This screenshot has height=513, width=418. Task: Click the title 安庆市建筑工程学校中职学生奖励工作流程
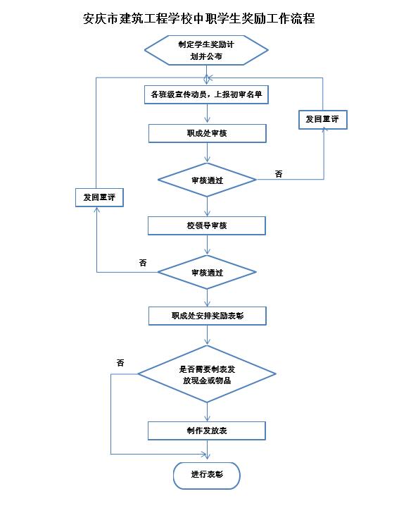click(198, 18)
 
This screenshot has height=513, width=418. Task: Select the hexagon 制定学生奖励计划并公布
click(206, 50)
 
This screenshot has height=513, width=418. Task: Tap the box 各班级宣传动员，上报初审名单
click(206, 94)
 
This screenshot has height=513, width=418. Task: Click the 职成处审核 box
click(207, 133)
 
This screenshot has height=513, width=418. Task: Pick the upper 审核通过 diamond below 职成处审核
click(207, 180)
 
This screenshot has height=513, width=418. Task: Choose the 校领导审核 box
click(207, 225)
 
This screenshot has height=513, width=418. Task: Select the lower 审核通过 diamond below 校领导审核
click(207, 272)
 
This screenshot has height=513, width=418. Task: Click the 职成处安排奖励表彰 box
click(207, 316)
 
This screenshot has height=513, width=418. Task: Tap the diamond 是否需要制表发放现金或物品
click(207, 374)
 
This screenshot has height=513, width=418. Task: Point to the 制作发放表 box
click(207, 431)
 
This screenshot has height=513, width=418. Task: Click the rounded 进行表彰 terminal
click(207, 476)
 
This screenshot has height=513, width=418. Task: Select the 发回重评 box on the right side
click(322, 119)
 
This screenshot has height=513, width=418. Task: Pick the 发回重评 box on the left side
click(99, 197)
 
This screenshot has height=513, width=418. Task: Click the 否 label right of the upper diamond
click(279, 174)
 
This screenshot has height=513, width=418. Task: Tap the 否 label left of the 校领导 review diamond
click(143, 263)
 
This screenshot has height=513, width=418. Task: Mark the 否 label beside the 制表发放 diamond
click(120, 362)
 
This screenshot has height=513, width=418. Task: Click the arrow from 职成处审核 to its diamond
click(207, 153)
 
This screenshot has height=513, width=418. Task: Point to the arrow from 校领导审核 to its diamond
click(207, 245)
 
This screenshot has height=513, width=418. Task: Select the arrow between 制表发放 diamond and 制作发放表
click(207, 412)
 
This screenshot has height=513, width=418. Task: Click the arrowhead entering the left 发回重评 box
click(96, 209)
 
